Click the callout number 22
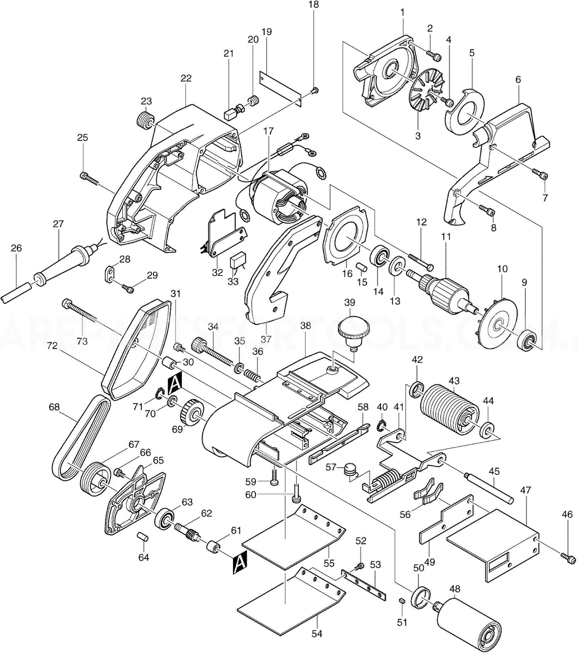click(186, 78)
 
